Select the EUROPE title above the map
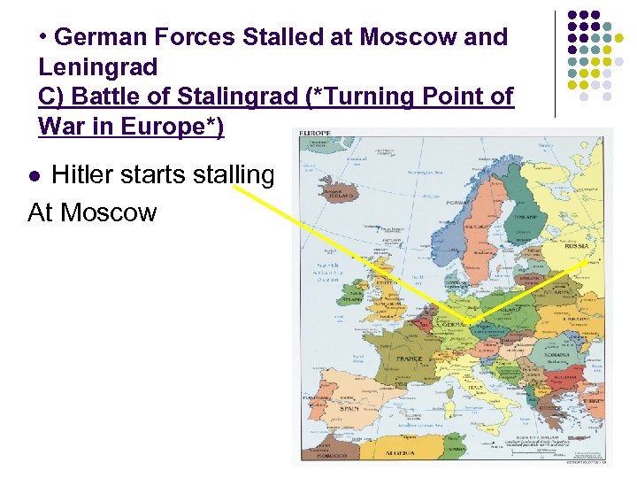316,133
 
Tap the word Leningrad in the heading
97,66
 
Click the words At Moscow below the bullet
92,212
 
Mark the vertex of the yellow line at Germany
470,321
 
